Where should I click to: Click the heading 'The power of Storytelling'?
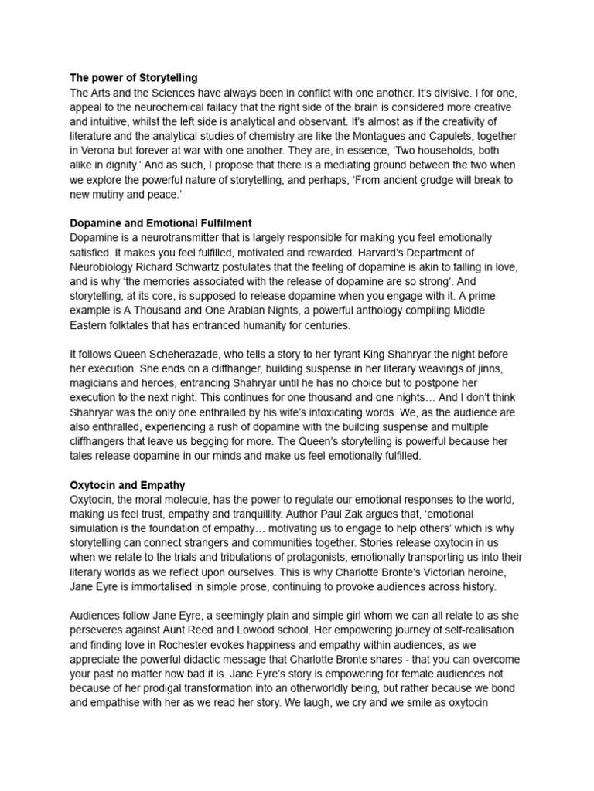[x=134, y=78]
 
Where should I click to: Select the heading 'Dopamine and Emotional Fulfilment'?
[x=161, y=223]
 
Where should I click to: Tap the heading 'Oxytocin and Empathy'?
[x=128, y=485]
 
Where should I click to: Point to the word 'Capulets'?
[x=480, y=136]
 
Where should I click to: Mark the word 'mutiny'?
[x=113, y=194]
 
